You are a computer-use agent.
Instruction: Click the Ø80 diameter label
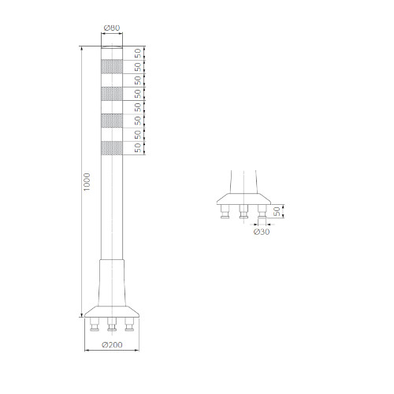pos(112,28)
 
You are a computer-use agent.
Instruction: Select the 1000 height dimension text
pos(87,182)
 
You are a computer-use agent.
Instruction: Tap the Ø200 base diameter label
pos(112,344)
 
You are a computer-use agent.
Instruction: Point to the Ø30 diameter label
pos(262,232)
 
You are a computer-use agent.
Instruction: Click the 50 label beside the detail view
pos(277,211)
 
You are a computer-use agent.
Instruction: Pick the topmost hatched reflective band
pos(112,66)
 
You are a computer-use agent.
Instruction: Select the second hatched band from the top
pos(112,94)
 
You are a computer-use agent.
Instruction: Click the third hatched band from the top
pos(112,121)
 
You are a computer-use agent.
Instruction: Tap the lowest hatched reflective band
pos(112,148)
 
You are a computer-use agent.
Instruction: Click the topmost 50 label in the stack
pos(138,54)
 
